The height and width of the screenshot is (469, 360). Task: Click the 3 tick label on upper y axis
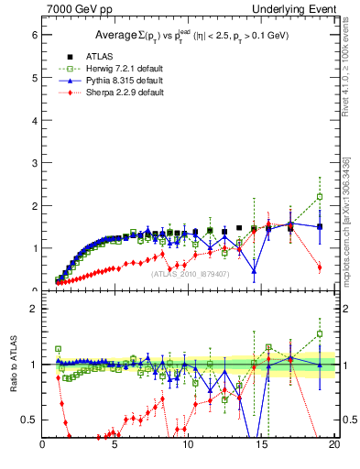pyautogui.click(x=33, y=163)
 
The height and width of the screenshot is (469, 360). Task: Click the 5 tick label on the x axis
pyautogui.click(x=115, y=445)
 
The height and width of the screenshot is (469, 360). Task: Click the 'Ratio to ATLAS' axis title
pyautogui.click(x=13, y=365)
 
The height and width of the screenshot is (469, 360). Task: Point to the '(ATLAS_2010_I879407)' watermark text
pyautogui.click(x=191, y=273)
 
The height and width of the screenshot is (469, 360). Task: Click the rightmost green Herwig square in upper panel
pyautogui.click(x=320, y=196)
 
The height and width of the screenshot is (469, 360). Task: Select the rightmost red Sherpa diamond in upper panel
pyautogui.click(x=320, y=267)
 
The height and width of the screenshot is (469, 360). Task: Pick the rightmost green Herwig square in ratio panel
pyautogui.click(x=320, y=334)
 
